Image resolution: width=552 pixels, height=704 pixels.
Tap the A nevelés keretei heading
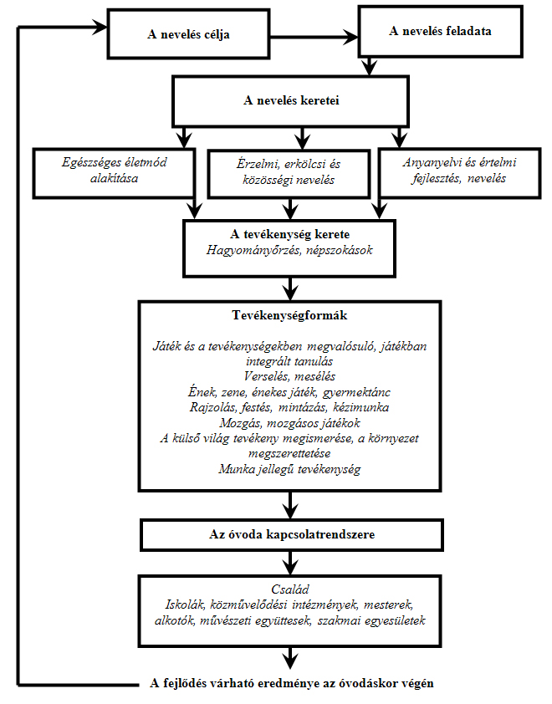click(291, 100)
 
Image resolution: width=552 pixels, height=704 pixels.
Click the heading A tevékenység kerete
click(289, 234)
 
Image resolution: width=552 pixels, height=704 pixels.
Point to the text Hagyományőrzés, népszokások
click(289, 250)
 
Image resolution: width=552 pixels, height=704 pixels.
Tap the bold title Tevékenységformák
click(289, 315)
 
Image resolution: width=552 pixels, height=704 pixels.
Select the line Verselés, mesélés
click(289, 376)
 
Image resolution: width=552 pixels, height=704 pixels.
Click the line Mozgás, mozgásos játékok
click(289, 423)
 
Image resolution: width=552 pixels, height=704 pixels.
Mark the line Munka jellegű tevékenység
click(289, 469)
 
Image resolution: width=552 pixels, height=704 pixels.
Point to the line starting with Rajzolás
click(289, 407)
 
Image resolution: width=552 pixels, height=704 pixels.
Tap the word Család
click(290, 589)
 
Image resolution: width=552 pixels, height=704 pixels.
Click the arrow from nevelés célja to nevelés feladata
click(314, 37)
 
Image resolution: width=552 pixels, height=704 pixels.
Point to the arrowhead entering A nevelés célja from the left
click(100, 27)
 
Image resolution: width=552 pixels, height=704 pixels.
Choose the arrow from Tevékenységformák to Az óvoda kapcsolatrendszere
click(290, 506)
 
